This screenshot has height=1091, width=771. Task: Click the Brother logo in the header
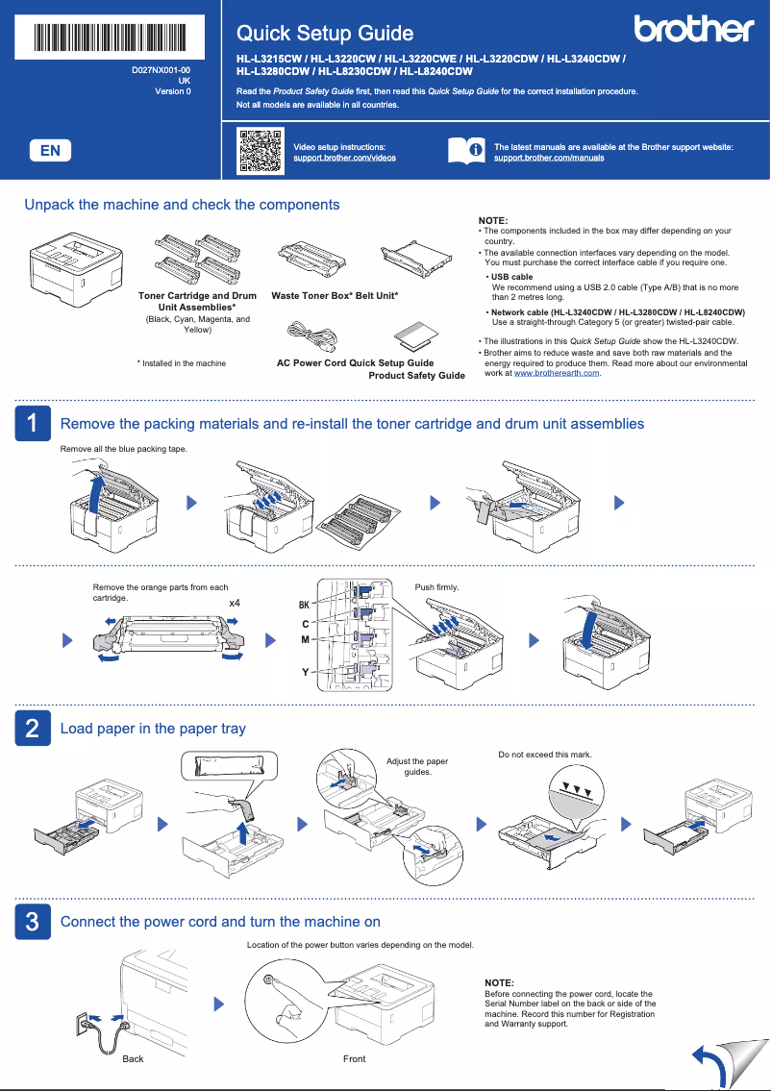click(x=693, y=30)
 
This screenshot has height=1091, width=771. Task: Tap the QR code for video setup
click(x=260, y=151)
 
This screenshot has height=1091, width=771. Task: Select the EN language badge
click(x=50, y=150)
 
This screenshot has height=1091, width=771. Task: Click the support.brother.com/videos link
click(x=344, y=158)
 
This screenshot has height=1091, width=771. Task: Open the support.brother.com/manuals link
click(x=549, y=158)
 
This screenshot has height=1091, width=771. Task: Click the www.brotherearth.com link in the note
click(x=557, y=373)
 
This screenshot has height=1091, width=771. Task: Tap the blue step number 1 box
click(x=32, y=424)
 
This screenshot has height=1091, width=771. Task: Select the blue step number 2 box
click(x=32, y=729)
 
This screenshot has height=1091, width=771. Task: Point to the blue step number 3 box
click(x=32, y=922)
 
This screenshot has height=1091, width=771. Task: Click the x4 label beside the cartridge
click(x=234, y=603)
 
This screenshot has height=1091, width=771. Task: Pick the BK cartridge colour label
click(x=304, y=606)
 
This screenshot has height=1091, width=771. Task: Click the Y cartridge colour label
click(x=306, y=672)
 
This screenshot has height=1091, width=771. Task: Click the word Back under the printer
click(x=133, y=1058)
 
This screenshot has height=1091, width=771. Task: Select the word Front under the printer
click(x=354, y=1058)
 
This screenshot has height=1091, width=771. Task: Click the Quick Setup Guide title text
click(x=325, y=34)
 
